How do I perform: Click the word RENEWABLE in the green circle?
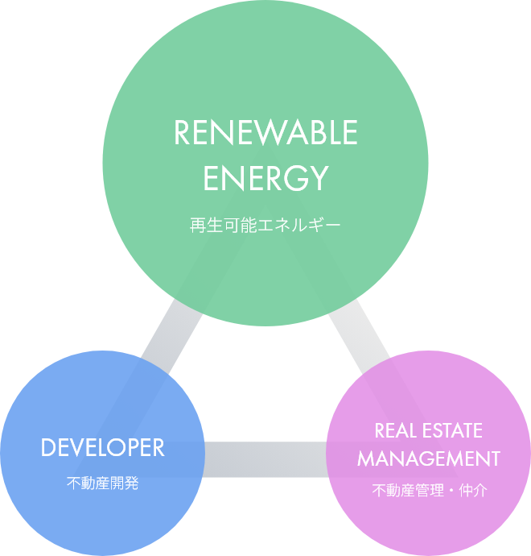(265, 134)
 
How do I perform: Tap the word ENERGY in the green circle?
(265, 178)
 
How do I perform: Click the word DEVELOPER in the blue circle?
(102, 448)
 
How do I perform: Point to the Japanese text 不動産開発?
(102, 483)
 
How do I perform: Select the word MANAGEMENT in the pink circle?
(429, 458)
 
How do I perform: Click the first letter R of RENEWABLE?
(183, 134)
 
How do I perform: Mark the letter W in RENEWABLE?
(266, 134)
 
